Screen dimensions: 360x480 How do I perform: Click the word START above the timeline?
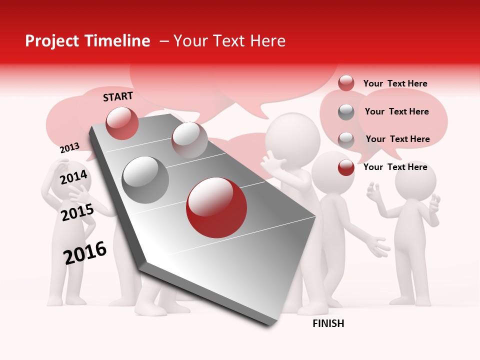118,96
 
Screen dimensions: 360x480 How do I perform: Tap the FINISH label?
328,323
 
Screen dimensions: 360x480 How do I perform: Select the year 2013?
69,147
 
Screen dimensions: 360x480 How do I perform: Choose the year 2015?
77,212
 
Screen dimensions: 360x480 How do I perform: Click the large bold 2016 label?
85,252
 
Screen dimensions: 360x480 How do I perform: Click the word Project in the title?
52,41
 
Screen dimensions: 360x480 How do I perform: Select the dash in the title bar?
164,41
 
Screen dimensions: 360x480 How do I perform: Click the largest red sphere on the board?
216,207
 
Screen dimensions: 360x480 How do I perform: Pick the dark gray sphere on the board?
145,179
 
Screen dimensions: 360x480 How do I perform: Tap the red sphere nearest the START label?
122,123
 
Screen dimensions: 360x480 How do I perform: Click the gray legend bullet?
346,112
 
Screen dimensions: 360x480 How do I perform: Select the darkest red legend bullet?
346,167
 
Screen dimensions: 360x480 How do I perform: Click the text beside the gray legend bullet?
396,111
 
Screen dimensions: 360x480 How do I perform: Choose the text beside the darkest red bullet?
395,167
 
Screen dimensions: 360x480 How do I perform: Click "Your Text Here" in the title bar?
229,41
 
